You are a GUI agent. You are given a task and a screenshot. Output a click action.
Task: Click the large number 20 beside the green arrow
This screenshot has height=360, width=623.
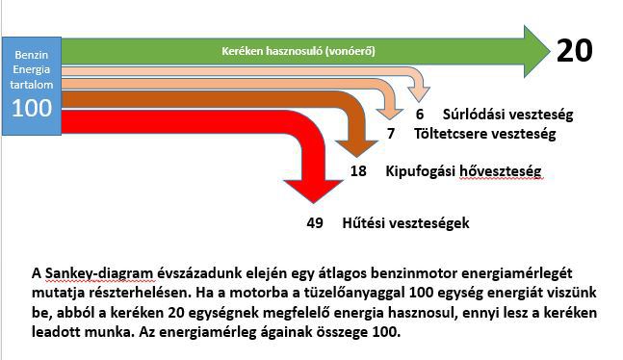pyautogui.click(x=575, y=51)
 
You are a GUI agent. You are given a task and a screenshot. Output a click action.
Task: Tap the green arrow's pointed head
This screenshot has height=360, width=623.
pyautogui.click(x=536, y=51)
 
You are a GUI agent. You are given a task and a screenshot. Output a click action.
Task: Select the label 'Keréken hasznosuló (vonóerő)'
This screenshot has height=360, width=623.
pyautogui.click(x=298, y=51)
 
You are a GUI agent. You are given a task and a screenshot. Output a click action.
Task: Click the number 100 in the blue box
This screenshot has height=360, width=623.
pyautogui.click(x=32, y=108)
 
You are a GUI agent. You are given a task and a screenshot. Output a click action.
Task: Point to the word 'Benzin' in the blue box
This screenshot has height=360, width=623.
pyautogui.click(x=32, y=55)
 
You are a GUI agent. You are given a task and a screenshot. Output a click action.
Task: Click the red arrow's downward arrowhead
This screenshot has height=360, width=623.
pyautogui.click(x=314, y=192)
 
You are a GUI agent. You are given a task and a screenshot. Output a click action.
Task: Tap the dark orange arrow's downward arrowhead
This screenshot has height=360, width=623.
pyautogui.click(x=357, y=148)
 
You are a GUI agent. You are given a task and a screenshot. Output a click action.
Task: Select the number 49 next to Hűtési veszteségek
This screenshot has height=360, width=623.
pyautogui.click(x=315, y=223)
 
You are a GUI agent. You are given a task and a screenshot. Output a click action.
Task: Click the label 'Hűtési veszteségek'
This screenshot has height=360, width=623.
pyautogui.click(x=405, y=223)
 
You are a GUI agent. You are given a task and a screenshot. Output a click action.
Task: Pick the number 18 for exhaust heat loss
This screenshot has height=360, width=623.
pyautogui.click(x=358, y=171)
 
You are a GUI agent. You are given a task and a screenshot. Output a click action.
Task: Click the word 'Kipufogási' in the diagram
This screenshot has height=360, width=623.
pyautogui.click(x=421, y=171)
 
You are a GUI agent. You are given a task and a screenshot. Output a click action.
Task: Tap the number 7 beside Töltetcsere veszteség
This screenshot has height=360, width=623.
pyautogui.click(x=391, y=134)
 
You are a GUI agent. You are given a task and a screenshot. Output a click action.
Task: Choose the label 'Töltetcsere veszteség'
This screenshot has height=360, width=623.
pyautogui.click(x=484, y=134)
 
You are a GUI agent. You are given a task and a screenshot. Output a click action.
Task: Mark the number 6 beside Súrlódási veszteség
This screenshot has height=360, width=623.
pyautogui.click(x=420, y=115)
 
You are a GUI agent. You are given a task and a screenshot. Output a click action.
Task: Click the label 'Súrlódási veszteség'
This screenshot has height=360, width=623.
pyautogui.click(x=507, y=115)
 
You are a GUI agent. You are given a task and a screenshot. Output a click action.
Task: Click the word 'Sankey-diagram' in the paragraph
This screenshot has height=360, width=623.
pyautogui.click(x=99, y=273)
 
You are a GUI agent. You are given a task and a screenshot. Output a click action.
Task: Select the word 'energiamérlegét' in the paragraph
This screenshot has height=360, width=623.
pyautogui.click(x=516, y=273)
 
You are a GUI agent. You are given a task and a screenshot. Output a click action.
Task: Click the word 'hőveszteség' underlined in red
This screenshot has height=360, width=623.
pyautogui.click(x=500, y=171)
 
